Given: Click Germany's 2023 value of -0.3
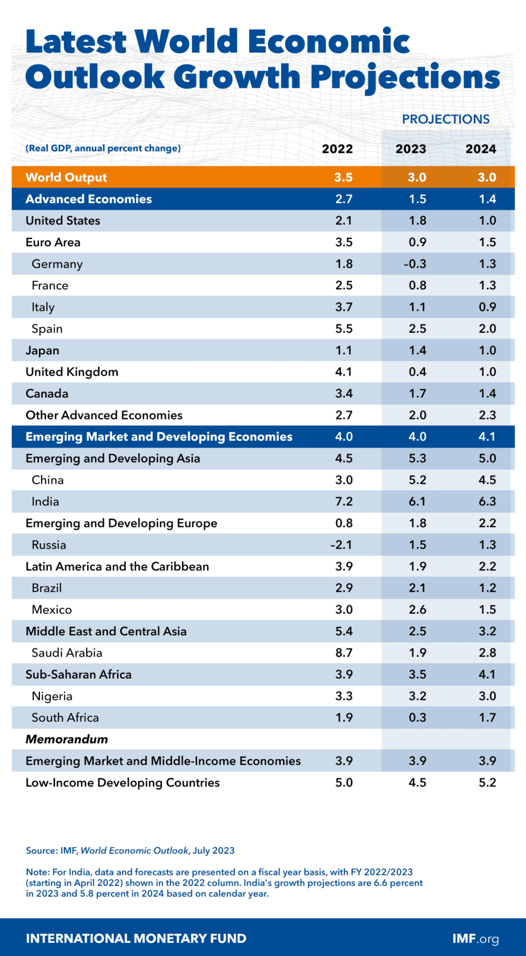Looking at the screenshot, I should coord(417,263).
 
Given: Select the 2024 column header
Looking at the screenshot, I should coord(481,149).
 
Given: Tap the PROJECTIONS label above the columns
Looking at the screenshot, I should coord(445,119).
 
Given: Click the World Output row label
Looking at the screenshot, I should coord(66,177).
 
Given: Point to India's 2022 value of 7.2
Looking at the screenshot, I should coord(344,501).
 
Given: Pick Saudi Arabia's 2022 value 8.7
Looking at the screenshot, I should coord(344,652).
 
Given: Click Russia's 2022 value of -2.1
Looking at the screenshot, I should coord(342,544).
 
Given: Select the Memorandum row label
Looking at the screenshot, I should coord(67,739).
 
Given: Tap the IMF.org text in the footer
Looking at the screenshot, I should coord(475,939).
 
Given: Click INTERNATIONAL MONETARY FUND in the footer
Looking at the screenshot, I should coord(136,939).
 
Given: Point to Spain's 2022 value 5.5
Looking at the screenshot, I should coord(344,329).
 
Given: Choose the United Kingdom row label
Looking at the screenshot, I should coord(72,372).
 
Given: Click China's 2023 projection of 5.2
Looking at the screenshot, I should coord(417,480).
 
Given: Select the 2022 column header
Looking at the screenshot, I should coord(337,149).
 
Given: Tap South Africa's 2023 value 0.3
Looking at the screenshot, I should coord(417,718).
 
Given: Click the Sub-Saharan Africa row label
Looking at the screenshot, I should coord(78,675).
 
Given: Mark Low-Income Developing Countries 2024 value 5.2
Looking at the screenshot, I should coord(487,783).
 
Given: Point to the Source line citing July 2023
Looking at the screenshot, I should coord(130,850).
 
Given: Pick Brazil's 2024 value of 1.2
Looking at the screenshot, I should coord(487,588).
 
